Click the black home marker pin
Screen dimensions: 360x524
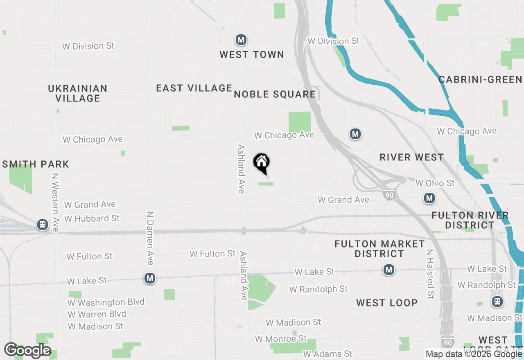point(262,163)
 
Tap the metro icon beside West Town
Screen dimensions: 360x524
point(241,40)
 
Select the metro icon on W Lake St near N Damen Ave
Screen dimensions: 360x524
point(150,279)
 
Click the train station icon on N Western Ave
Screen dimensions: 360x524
point(42,225)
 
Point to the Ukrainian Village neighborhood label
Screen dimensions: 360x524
point(78,93)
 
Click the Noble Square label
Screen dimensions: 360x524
point(275,94)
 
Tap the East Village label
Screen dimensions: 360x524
point(194,88)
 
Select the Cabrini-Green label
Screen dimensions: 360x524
point(481,79)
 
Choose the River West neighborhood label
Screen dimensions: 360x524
point(411,157)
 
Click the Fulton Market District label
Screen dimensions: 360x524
point(379,249)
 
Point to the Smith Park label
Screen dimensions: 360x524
point(36,164)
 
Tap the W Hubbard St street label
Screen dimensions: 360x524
point(92,218)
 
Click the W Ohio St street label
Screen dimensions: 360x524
point(435,183)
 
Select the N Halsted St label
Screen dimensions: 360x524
point(430,274)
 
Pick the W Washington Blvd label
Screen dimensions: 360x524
point(106,302)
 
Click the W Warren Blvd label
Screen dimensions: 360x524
point(97,314)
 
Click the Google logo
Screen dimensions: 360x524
point(27,351)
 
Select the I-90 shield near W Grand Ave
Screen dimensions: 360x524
point(389,196)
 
